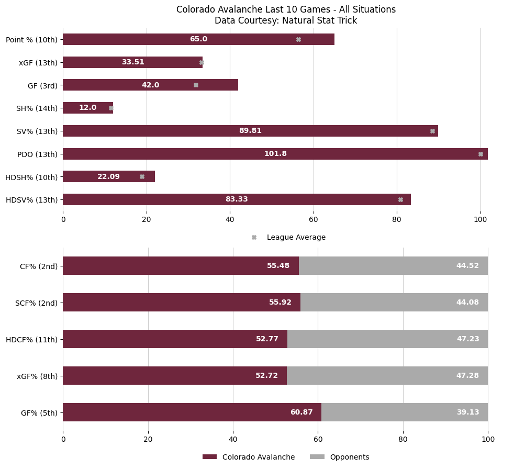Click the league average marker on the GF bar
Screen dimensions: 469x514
(196, 85)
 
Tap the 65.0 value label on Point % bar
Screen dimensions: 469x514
(198, 39)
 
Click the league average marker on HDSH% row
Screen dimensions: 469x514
(142, 177)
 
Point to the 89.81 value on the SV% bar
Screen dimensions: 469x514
(250, 131)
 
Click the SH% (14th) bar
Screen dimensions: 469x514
(87, 108)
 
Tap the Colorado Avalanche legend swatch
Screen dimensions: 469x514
(209, 457)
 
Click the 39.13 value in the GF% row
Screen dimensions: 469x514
(467, 412)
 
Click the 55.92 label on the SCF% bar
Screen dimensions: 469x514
(280, 303)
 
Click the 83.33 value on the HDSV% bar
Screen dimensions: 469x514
(237, 199)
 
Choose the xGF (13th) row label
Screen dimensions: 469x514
(38, 62)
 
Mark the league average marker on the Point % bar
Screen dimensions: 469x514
(298, 39)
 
